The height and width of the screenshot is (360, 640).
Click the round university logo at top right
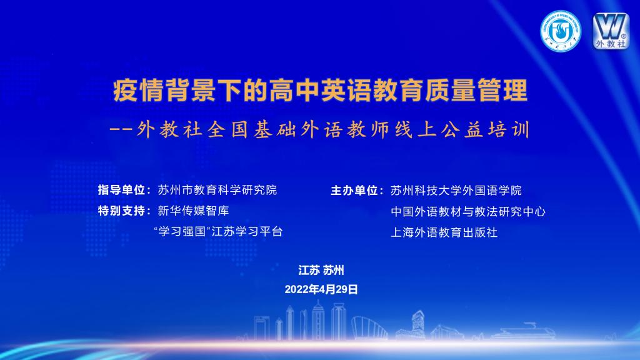(x=561, y=31)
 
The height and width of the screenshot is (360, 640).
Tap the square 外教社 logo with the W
(x=611, y=31)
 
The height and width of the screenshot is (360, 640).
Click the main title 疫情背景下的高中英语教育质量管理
(x=321, y=90)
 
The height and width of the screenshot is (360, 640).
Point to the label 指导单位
(x=121, y=190)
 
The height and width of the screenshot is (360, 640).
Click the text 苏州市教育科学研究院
(x=217, y=190)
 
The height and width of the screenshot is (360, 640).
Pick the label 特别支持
(x=121, y=211)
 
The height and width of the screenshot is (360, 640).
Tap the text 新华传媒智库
(x=194, y=211)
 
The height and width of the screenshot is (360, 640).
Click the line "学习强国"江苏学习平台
(x=218, y=231)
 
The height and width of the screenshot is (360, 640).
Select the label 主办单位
(x=354, y=190)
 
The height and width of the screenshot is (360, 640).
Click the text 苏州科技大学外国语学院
(x=456, y=190)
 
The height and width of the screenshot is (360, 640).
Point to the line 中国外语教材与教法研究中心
(x=467, y=211)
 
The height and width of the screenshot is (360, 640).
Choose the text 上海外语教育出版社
(x=444, y=232)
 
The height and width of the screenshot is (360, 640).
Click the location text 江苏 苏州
(x=321, y=270)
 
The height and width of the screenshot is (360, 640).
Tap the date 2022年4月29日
(x=321, y=289)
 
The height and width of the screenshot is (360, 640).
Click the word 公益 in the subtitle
(x=462, y=130)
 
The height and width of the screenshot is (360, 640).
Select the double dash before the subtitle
(x=121, y=130)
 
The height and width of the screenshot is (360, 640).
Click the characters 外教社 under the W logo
(x=611, y=43)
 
